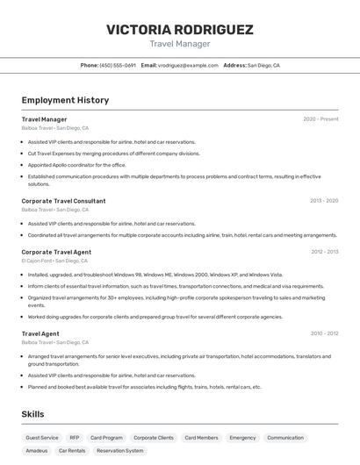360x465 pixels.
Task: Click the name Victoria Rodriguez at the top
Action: (179, 29)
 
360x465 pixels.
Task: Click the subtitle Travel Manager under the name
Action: (179, 44)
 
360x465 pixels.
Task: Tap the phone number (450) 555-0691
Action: (118, 65)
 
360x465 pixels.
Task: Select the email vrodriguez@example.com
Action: (188, 65)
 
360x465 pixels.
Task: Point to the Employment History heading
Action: (65, 100)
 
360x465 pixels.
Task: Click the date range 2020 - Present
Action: (320, 119)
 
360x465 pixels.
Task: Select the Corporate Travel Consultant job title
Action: (63, 201)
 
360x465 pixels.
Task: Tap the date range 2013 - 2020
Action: (324, 201)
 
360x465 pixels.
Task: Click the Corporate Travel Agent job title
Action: (56, 252)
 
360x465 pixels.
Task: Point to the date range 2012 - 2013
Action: (324, 252)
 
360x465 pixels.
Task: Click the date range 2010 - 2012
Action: (324, 333)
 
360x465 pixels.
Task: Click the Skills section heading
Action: (33, 414)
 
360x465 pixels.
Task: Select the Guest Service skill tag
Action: (42, 437)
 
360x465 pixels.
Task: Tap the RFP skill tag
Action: (75, 437)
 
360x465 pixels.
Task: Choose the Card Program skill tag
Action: (106, 437)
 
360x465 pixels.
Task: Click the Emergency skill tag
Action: (242, 437)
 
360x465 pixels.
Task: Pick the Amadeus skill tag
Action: (37, 450)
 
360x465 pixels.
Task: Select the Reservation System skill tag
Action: (119, 450)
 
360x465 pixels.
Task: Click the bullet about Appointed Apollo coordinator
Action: (76, 165)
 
